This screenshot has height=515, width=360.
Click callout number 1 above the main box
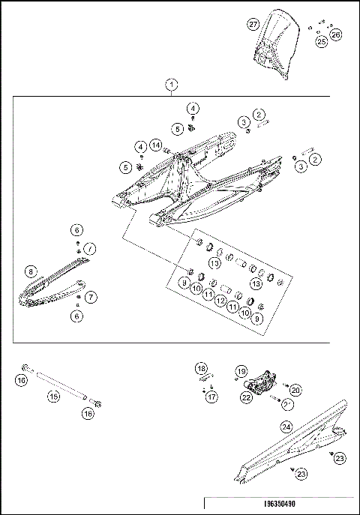[x=172, y=84]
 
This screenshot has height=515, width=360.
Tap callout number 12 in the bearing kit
[x=220, y=300]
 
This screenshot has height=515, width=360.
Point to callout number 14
[x=155, y=144]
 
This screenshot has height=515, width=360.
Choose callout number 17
[x=212, y=397]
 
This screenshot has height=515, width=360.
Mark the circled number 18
[x=200, y=369]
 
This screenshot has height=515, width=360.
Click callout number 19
[x=241, y=372]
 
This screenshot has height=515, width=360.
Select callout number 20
[x=295, y=390]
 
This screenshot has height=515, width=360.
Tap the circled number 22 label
[x=246, y=398]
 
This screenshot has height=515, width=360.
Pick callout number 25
[x=321, y=42]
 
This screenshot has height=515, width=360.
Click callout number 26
[x=335, y=34]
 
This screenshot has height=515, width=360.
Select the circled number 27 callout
[x=253, y=24]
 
